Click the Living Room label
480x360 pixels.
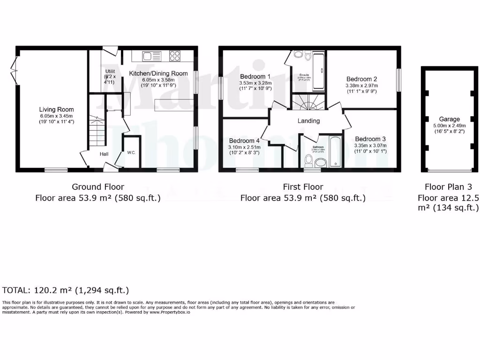point(56,109)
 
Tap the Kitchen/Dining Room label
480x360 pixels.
point(158,73)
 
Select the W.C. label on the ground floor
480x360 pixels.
point(131,153)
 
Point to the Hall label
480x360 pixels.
point(104,154)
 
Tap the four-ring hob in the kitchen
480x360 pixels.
point(175,56)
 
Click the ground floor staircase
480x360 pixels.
point(97,131)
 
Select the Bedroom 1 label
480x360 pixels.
point(255,76)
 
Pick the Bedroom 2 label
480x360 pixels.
point(361,79)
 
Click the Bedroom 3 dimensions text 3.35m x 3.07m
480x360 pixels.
point(370,145)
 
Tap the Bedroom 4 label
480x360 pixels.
point(244,141)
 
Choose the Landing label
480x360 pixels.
point(308,120)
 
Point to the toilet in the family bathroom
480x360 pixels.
point(308,161)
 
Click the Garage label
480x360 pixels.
point(449,119)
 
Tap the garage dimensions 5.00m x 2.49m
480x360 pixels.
point(449,126)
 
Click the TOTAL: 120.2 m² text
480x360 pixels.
point(66,290)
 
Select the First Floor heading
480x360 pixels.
point(303,187)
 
